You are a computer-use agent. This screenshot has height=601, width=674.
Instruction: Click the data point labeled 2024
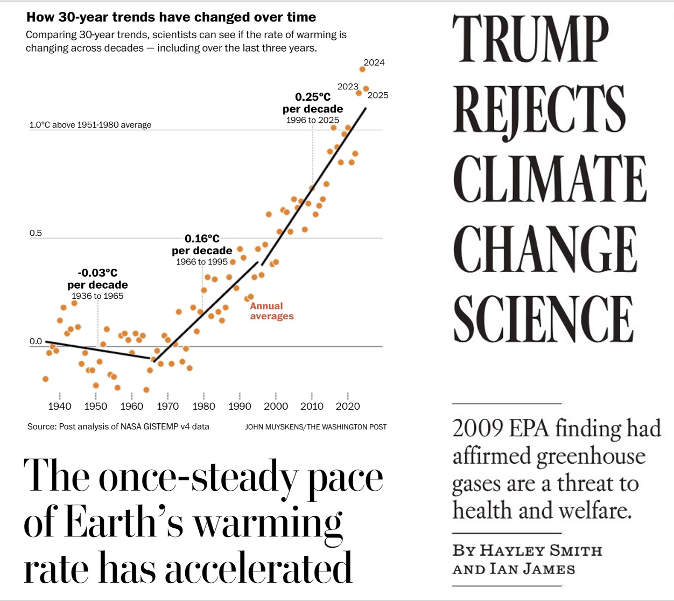362,69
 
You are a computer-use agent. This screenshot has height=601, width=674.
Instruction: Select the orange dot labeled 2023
359,93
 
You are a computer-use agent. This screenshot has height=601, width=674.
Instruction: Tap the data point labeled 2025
366,88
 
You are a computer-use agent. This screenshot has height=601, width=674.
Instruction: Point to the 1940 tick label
59,407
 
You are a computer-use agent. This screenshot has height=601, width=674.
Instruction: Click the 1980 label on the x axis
203,407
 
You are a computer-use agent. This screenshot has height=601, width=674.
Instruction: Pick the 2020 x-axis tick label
348,407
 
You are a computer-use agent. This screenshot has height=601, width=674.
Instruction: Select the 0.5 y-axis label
36,233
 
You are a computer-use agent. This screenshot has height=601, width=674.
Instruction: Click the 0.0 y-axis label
36,341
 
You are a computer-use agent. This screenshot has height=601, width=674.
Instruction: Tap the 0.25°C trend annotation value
313,97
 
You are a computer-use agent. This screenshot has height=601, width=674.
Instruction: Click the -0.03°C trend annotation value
97,273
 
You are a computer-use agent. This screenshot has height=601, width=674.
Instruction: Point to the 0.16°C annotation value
202,239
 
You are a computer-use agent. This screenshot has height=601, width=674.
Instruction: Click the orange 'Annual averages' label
272,311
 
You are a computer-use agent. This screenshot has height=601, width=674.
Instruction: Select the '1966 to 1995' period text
202,262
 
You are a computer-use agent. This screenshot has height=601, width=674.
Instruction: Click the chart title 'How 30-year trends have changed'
171,17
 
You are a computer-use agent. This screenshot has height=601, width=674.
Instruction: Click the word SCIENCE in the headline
543,319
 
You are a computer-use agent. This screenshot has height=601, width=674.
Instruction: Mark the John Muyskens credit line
316,427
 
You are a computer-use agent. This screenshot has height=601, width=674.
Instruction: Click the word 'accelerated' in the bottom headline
258,568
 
